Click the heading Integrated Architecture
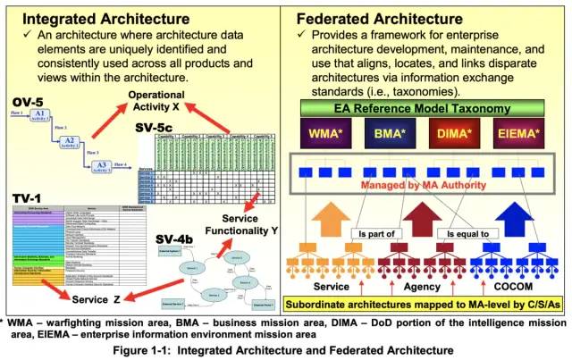[x=105, y=17]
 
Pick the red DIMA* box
[x=450, y=133]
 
